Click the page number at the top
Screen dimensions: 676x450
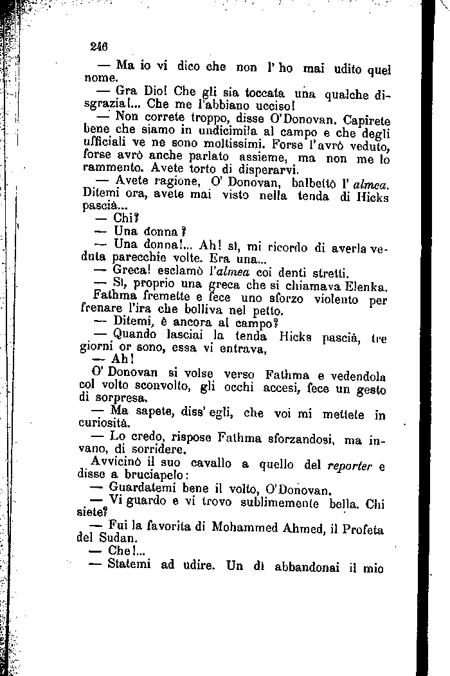tap(98, 46)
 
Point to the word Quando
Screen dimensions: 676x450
tap(135, 334)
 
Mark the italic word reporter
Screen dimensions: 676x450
tap(350, 465)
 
